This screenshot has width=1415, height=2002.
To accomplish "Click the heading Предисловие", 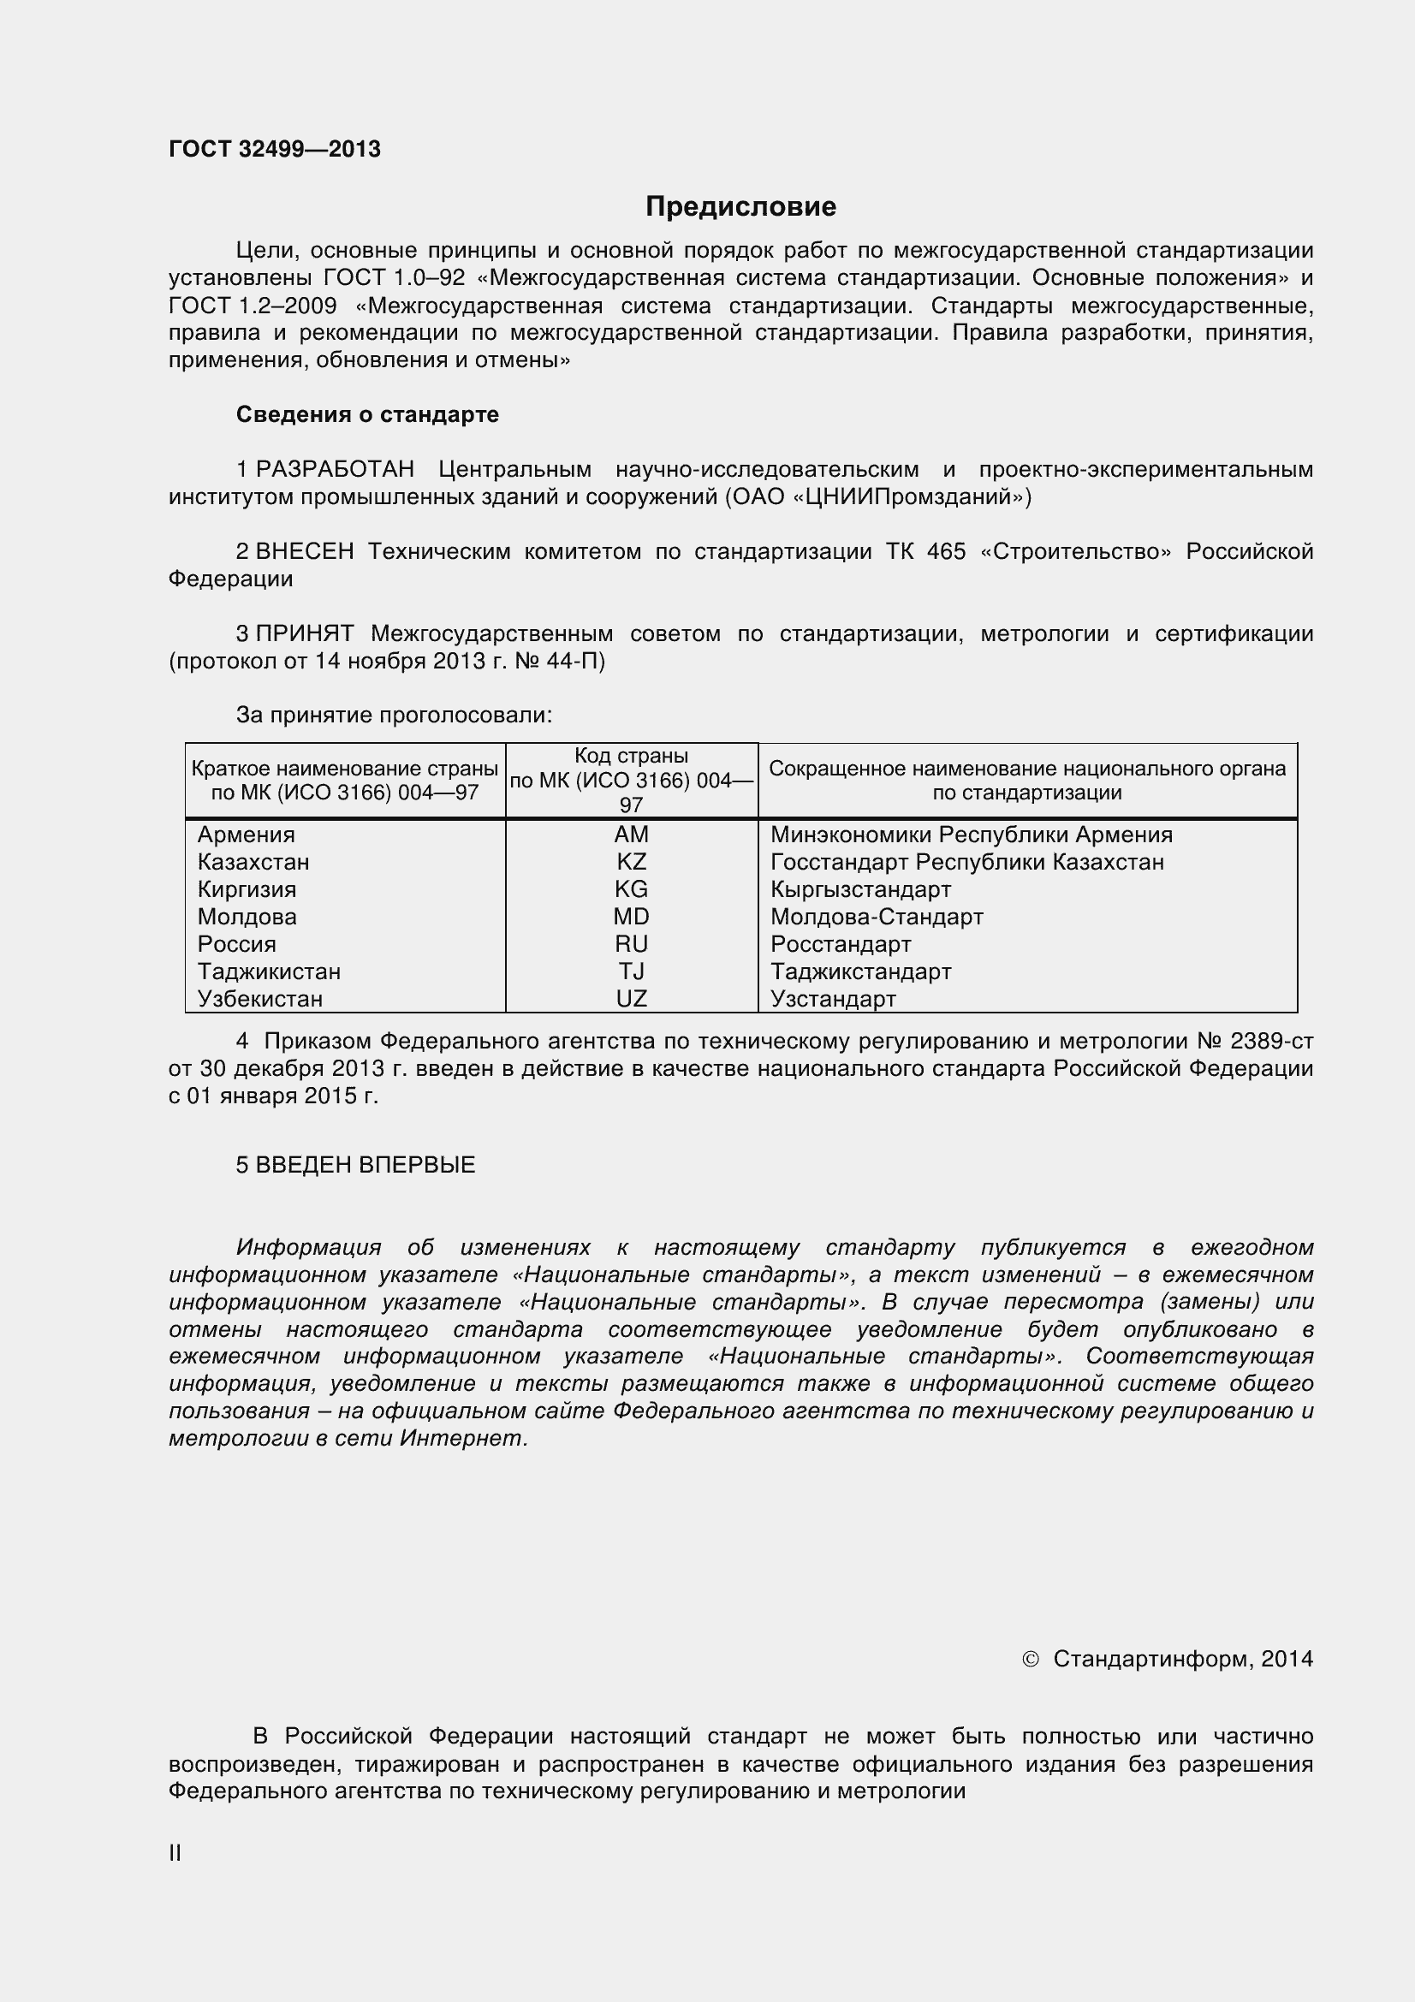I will (x=740, y=206).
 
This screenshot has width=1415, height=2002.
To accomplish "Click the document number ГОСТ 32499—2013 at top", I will (x=275, y=150).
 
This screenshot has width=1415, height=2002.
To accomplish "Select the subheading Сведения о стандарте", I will (x=367, y=414).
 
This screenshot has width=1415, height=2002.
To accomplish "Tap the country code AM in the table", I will (x=631, y=835).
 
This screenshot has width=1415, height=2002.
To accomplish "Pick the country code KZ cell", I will (x=631, y=863).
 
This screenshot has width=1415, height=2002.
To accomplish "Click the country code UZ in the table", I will (x=631, y=999).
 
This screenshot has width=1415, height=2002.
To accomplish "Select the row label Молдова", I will (x=247, y=918).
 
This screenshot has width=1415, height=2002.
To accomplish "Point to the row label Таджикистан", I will (x=269, y=971).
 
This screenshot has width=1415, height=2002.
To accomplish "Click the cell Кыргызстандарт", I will (x=859, y=889).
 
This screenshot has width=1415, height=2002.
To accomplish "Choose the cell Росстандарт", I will (x=841, y=944).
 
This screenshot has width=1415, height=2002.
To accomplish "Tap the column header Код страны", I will (x=631, y=756).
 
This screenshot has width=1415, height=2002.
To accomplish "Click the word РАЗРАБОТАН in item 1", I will (x=335, y=470).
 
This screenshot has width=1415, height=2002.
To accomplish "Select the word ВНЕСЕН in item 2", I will (x=304, y=552).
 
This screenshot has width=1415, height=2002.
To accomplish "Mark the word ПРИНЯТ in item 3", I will (x=304, y=634).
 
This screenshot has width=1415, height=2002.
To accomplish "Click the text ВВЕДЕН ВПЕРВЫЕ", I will (x=366, y=1165).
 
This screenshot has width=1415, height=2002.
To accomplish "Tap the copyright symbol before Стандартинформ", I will (x=1030, y=1660).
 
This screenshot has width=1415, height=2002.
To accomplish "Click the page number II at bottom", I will (x=175, y=1853).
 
